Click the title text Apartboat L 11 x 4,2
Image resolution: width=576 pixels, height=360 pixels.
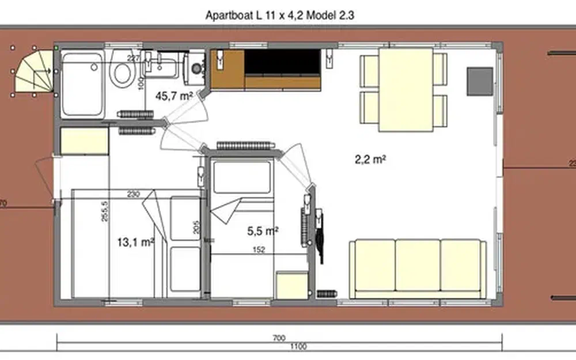pyautogui.click(x=279, y=16)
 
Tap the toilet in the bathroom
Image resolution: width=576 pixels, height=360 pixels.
pyautogui.click(x=122, y=71)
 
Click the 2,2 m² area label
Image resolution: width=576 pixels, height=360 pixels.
pyautogui.click(x=370, y=160)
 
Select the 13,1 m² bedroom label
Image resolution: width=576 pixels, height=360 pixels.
pyautogui.click(x=135, y=242)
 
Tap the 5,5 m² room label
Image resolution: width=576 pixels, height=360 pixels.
pyautogui.click(x=263, y=231)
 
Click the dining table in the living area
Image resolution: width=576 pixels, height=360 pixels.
pyautogui.click(x=406, y=89)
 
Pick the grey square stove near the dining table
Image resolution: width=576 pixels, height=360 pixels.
pyautogui.click(x=479, y=81)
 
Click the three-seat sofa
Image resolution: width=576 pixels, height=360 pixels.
pyautogui.click(x=418, y=269)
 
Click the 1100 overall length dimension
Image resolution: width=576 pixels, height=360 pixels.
pyautogui.click(x=298, y=347)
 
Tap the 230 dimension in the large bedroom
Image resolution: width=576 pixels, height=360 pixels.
pyautogui.click(x=134, y=194)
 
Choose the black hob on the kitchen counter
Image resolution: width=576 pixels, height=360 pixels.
pyautogui.click(x=283, y=62)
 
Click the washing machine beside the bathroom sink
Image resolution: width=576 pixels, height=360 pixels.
pyautogui.click(x=196, y=67)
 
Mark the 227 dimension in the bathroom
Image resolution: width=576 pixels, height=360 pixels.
pyautogui.click(x=134, y=58)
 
